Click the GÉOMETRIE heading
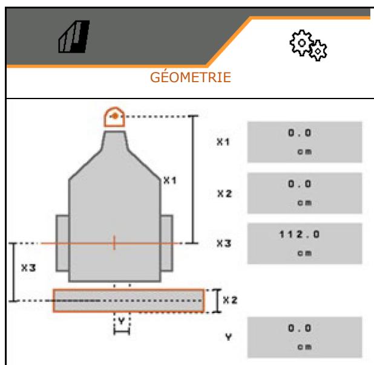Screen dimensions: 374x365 click(191, 77)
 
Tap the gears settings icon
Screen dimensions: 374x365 click(308, 45)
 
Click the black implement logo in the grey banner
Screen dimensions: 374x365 click(74, 37)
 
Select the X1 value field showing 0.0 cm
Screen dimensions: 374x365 click(304, 142)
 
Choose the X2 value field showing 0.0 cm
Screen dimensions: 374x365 click(304, 193)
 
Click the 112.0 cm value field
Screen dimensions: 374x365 click(304, 244)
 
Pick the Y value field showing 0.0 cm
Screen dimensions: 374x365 click(304, 337)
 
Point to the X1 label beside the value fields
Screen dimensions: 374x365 click(223, 142)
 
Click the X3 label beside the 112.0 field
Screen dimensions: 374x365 click(224, 244)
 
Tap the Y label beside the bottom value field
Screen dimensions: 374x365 click(229, 337)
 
